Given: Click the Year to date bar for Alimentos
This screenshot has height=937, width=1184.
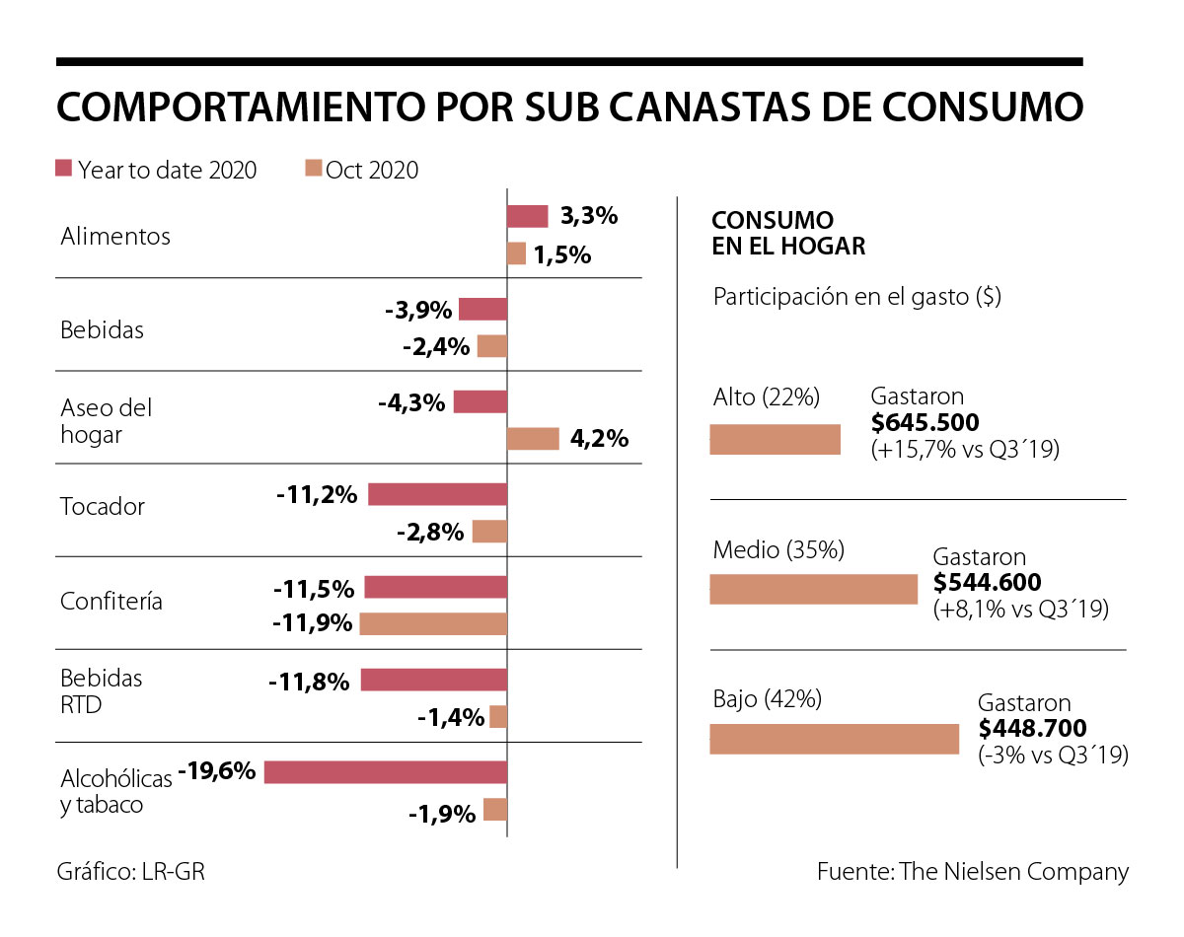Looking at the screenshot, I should click(527, 216).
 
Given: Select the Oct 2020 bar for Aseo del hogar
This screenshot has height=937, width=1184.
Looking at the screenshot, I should click(533, 439).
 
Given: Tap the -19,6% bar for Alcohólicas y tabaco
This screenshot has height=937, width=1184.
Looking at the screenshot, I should click(386, 771).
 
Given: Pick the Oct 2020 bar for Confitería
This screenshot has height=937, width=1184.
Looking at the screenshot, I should click(433, 623).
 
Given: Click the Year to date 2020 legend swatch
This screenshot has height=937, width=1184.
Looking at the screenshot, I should click(64, 169).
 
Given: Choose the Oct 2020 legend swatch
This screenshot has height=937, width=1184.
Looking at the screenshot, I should click(312, 169).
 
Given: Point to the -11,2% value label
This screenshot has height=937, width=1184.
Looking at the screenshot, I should click(317, 494).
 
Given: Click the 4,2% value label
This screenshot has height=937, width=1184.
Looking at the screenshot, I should click(599, 439).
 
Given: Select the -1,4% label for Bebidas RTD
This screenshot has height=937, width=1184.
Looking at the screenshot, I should click(451, 717).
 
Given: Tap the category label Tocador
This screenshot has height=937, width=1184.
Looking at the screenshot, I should click(103, 507).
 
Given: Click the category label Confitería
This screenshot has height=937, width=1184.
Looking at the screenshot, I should click(111, 601).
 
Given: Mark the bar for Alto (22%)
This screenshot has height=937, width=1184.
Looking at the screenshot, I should click(776, 440).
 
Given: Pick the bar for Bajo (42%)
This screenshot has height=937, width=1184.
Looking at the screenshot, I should click(835, 739).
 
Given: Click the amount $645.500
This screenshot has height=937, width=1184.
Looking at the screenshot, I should click(925, 423).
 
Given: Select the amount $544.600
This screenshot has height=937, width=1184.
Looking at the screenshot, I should click(987, 583).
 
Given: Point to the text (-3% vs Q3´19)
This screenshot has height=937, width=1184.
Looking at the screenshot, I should click(1053, 756).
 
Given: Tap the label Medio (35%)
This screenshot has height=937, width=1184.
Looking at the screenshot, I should click(778, 550).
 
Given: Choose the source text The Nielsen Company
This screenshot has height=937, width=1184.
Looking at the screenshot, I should click(1013, 872).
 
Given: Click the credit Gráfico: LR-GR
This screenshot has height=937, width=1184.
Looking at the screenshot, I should click(130, 872).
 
